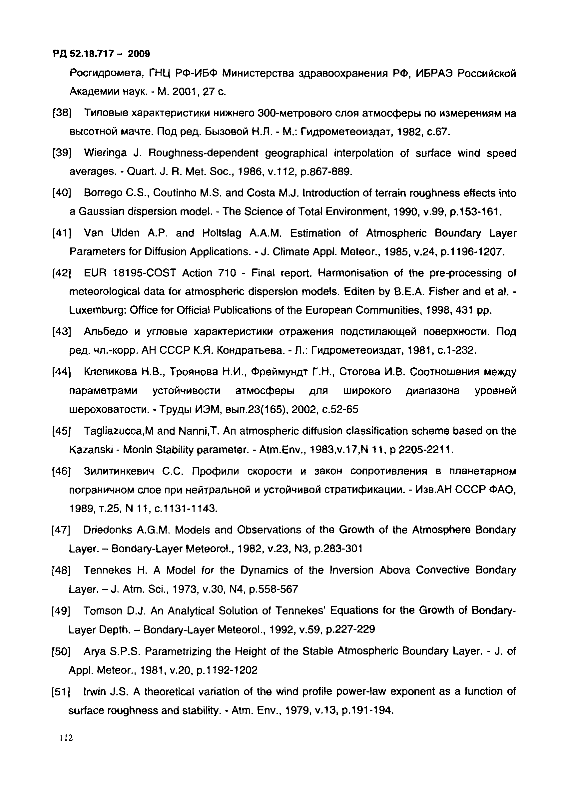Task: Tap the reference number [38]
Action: [x=62, y=113]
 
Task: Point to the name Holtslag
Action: [x=222, y=233]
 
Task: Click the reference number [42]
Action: [x=61, y=273]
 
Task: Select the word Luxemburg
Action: [x=98, y=310]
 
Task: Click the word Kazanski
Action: [x=91, y=450]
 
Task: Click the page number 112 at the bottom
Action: [x=66, y=738]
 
